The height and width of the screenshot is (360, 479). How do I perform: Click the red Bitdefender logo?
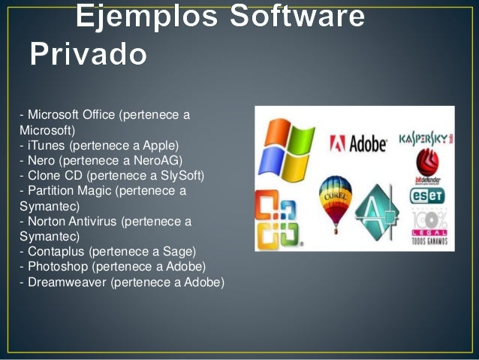(x=426, y=166)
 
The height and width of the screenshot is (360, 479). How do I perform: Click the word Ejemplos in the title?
(x=142, y=17)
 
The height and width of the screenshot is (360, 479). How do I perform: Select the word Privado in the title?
(x=88, y=54)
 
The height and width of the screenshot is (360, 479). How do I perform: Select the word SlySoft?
(x=181, y=176)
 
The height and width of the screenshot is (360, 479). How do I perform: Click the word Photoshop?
(x=55, y=267)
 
